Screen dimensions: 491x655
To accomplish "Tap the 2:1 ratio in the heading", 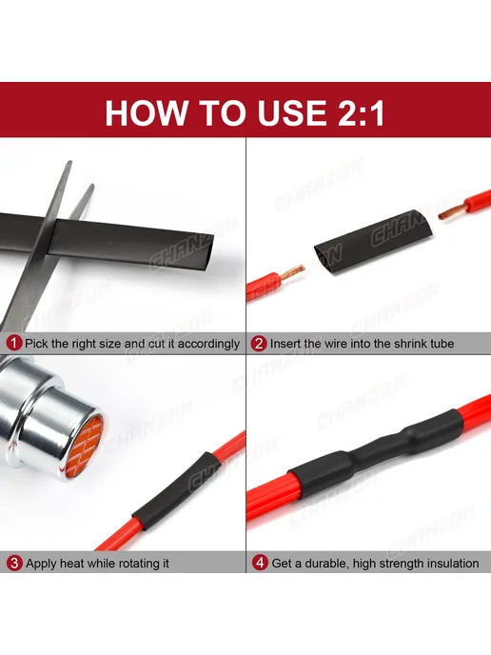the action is pos(361,112).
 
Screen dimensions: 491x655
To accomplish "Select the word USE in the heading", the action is pos(291,112).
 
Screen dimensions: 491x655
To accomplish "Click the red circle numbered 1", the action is pos(13,344).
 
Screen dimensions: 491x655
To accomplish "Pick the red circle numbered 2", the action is pos(259,344).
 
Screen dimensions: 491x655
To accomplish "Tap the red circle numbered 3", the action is pos(14,563).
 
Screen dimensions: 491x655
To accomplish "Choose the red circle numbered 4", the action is pos(260,563).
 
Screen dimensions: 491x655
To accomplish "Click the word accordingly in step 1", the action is pos(208,345).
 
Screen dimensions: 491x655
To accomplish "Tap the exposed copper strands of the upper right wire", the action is pos(452,211).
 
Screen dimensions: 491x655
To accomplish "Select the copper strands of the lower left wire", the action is pos(291,272).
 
